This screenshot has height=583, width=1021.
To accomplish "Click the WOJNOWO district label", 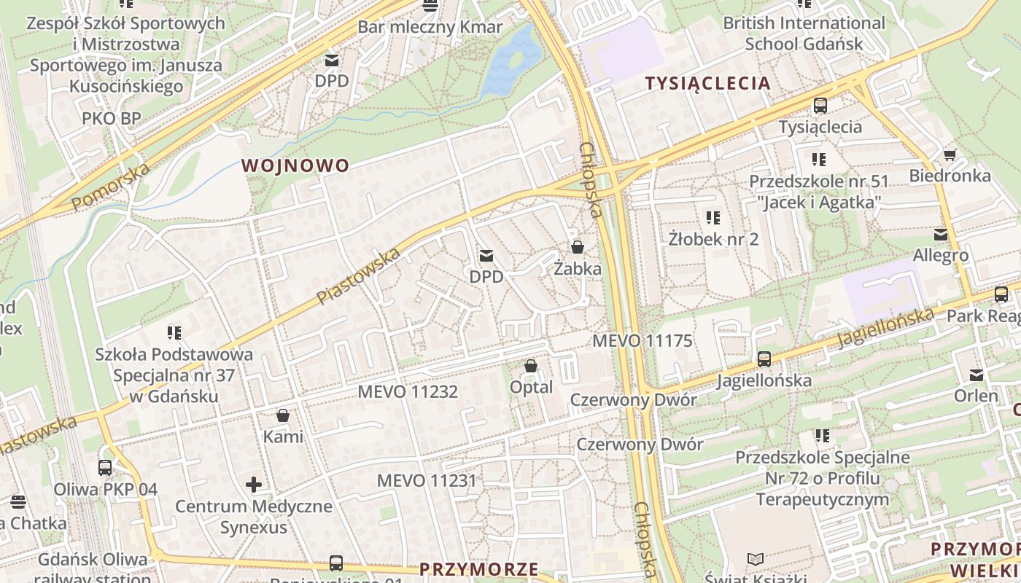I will coord(295,165).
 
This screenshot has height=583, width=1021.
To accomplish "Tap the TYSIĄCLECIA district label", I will coord(707,83).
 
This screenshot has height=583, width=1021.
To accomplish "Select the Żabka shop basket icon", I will coord(578,247).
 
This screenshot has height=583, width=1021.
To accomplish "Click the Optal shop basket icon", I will coord(531,366).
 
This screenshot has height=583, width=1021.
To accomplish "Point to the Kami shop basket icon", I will coord(283,416).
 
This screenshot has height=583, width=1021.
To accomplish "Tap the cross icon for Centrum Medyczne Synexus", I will coord(254,485).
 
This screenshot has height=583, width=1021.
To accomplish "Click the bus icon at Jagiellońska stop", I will coord(764,359).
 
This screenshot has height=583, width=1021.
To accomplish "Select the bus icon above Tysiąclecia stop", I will coord(820,106).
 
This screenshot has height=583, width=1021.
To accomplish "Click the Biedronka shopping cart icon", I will coord(950,154).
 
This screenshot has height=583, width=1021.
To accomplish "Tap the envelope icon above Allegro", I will coord(940,235).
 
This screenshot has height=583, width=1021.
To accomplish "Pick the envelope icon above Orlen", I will coord(977,375).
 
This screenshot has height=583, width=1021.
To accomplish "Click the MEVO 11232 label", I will coord(408,392).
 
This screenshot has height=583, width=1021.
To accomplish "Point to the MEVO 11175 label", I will coord(642,340).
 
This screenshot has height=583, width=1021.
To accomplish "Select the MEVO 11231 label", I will coord(427,481).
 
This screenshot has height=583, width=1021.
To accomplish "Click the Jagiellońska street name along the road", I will coord(885,328).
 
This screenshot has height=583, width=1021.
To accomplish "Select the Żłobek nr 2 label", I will coord(713,239).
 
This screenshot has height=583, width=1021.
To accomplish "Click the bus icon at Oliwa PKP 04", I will coord(105,468).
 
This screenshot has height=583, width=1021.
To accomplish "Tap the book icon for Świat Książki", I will coord(756,560).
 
